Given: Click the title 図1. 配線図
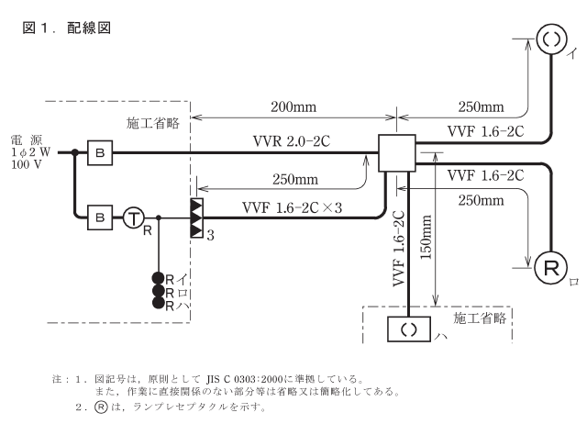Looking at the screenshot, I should point(65,28).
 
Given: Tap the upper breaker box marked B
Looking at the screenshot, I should point(98,153).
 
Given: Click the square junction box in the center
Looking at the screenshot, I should point(397,153).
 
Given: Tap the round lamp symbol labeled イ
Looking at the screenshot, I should point(549,39).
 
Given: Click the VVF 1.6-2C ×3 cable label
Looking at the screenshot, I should point(292,207).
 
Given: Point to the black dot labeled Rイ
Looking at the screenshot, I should point(159,277).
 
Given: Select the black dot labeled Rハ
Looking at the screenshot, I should point(159,302).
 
